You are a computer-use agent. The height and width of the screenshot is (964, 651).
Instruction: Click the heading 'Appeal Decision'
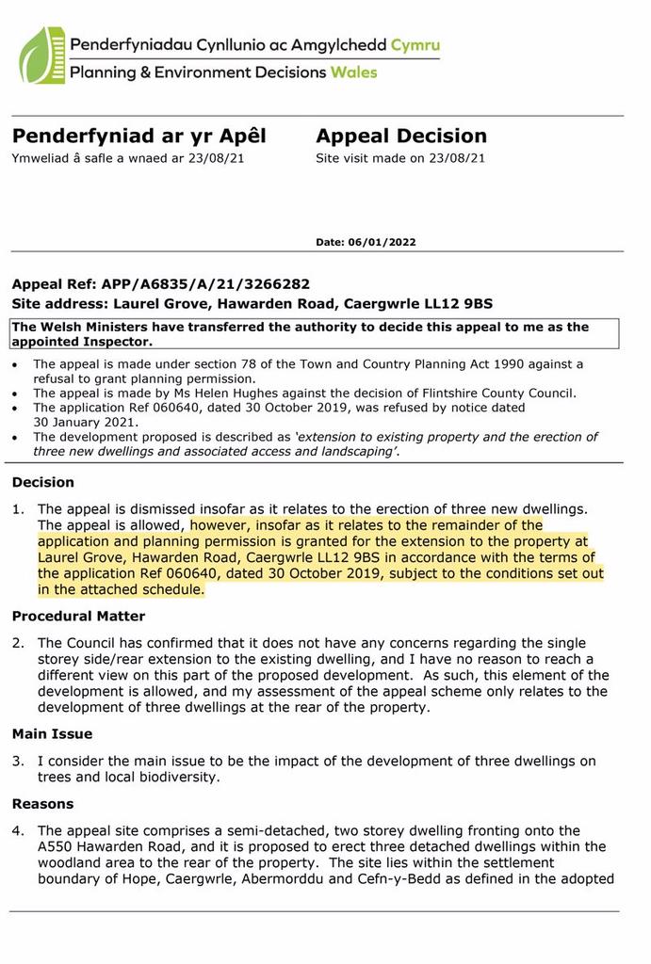[x=401, y=137]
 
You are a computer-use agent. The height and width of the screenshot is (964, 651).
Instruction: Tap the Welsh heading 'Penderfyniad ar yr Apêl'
[x=138, y=137]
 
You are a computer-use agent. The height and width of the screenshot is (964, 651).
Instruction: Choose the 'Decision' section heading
[x=42, y=482]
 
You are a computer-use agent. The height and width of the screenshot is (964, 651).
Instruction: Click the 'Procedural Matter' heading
[x=78, y=617]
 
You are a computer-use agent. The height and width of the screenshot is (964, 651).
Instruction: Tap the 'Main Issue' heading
[x=52, y=733]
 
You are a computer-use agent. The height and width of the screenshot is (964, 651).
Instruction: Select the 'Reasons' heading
[x=42, y=804]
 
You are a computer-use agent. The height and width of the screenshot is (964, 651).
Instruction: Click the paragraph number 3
[x=16, y=761]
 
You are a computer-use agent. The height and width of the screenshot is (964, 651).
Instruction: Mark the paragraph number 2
[x=16, y=643]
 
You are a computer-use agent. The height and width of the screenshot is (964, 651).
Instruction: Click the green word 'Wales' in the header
[x=353, y=72]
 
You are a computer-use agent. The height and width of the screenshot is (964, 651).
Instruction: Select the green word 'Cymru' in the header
[x=415, y=45]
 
